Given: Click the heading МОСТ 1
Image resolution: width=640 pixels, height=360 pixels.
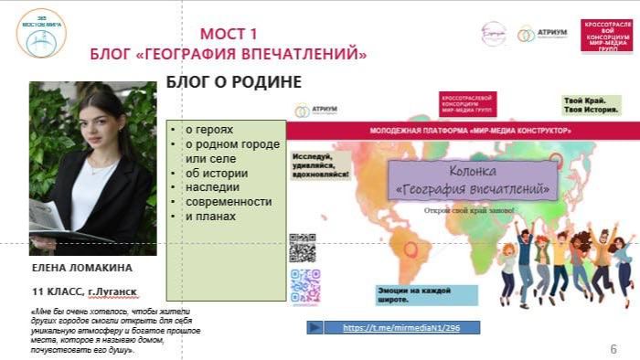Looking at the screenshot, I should click(x=228, y=34).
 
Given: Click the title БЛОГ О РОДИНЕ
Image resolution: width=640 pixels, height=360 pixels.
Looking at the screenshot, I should click(x=234, y=82).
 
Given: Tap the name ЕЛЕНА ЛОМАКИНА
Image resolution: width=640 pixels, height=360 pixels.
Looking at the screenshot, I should click(x=82, y=268).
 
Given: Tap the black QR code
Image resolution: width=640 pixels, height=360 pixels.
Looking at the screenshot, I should click(x=303, y=248).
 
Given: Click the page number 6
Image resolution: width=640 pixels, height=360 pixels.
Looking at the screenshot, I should click(x=613, y=349).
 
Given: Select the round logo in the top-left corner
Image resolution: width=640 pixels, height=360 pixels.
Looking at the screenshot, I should click(x=41, y=33).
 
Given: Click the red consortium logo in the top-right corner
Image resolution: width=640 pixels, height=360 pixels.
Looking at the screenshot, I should click(x=606, y=35).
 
